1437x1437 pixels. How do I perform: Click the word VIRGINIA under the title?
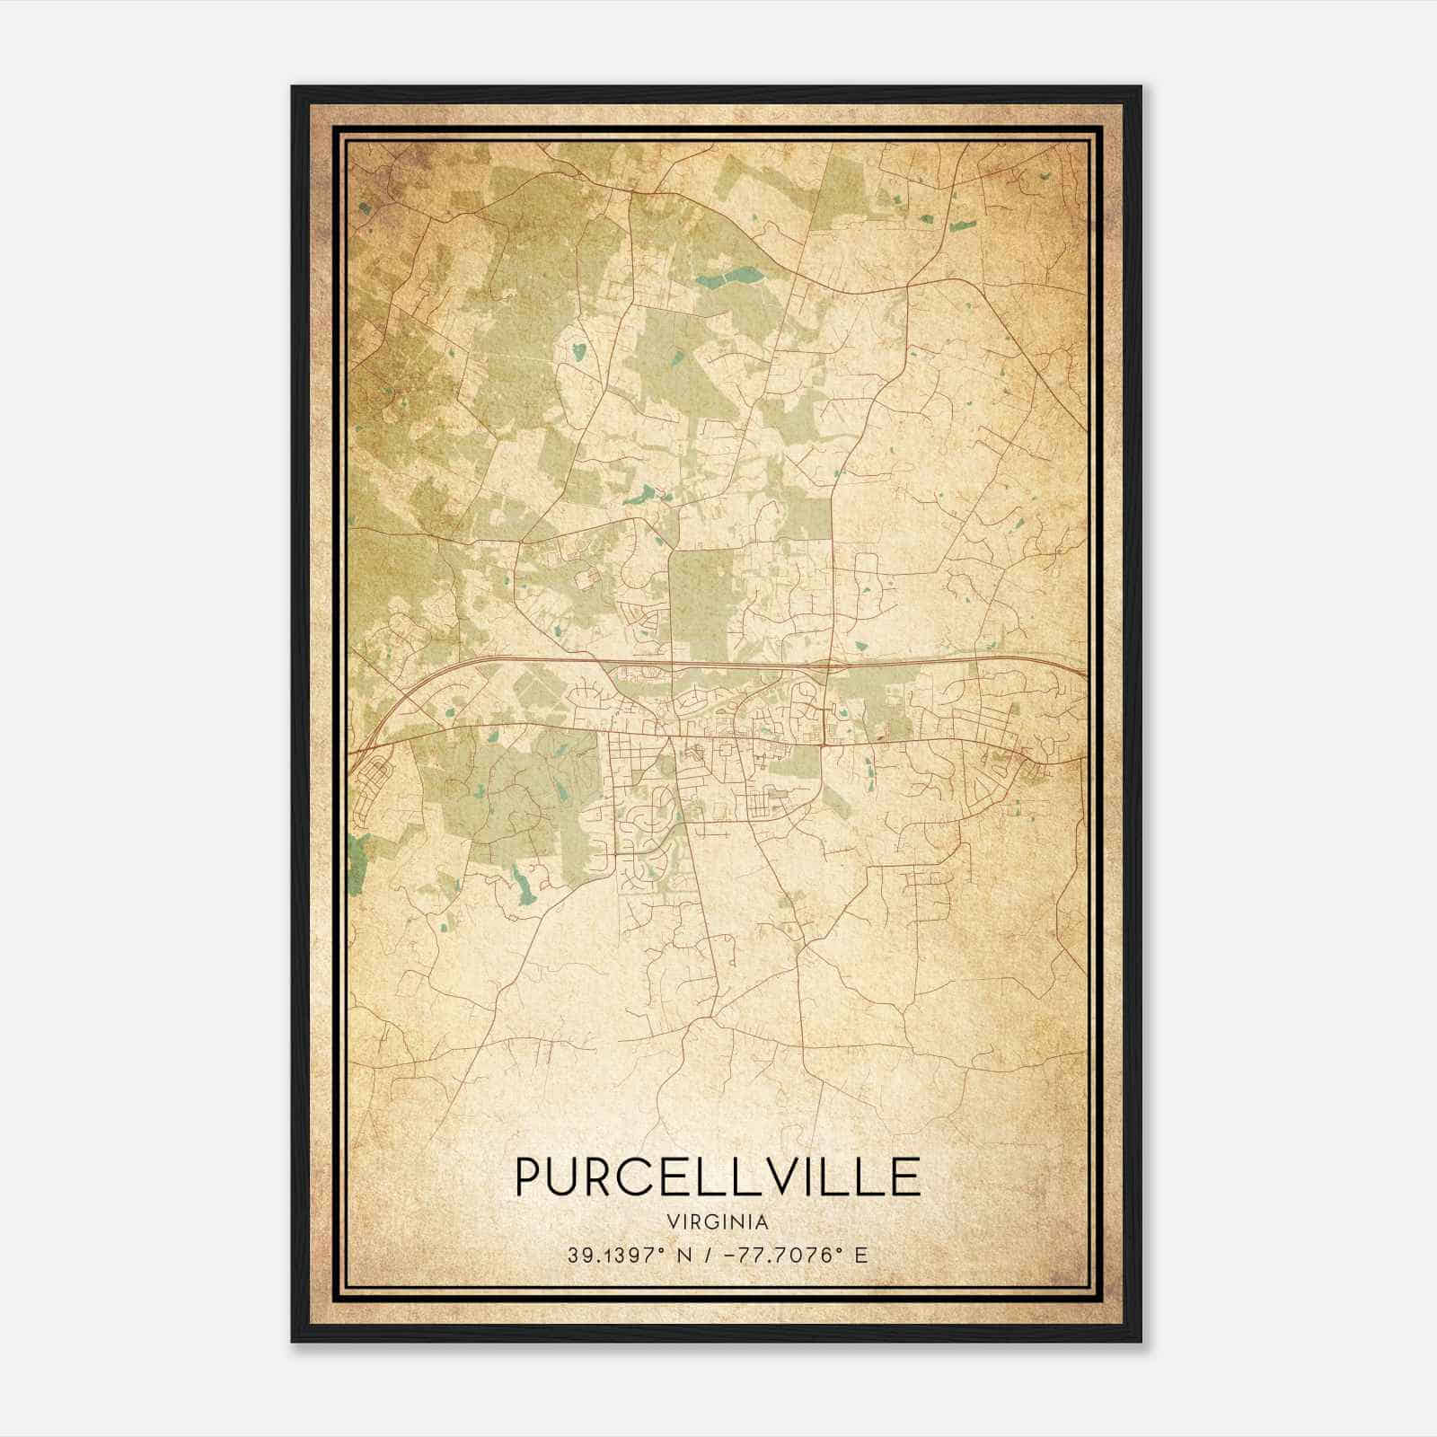(x=718, y=1222)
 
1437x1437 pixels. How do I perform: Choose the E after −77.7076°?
(x=860, y=1255)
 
